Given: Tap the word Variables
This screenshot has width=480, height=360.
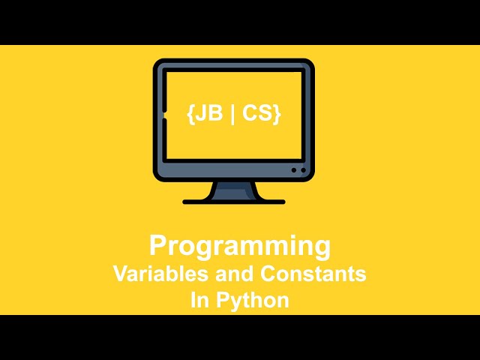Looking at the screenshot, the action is [x=160, y=273].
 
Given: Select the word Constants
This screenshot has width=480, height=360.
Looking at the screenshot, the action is [x=313, y=273].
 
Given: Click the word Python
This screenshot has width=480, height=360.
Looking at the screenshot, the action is [x=253, y=301].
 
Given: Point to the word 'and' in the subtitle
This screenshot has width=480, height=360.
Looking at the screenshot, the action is [x=234, y=273].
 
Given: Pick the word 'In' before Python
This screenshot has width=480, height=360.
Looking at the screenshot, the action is [x=200, y=300].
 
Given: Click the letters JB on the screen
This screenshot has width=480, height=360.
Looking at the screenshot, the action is [x=208, y=112].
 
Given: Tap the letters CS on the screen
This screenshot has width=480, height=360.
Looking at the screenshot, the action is [x=257, y=112].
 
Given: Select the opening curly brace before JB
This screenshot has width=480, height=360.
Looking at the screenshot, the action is [x=190, y=114].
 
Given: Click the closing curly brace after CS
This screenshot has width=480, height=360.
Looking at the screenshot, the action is [x=277, y=114].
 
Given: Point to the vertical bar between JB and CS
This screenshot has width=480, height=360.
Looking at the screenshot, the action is [x=232, y=114].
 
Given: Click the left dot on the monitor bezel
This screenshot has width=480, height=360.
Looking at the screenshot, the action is [x=294, y=170].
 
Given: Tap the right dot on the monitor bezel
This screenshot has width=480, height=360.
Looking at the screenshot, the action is [x=303, y=170].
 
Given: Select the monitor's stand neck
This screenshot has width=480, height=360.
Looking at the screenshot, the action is [x=234, y=190].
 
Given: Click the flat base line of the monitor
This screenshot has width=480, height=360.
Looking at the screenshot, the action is [x=234, y=202].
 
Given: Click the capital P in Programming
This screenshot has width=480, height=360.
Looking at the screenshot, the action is [x=159, y=245].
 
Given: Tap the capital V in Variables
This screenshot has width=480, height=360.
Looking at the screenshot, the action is [x=121, y=273].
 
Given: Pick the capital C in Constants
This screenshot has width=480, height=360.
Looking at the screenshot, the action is [x=268, y=273].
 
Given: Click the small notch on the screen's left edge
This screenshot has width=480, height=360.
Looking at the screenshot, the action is [x=165, y=115].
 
